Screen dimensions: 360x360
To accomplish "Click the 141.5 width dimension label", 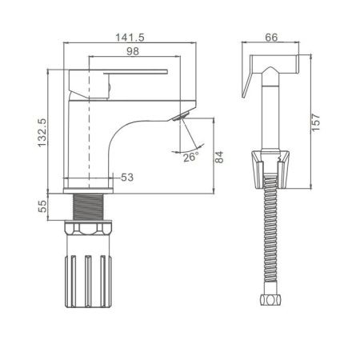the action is click(130, 38).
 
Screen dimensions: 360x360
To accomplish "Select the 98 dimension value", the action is click(133, 51).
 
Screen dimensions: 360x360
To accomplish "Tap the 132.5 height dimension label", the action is click(42, 133).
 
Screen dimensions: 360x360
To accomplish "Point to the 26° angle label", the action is click(191, 157).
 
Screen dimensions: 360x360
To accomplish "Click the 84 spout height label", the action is click(219, 157).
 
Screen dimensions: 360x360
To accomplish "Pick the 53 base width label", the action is click(127, 178).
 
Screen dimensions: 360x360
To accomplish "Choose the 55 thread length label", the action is click(42, 206).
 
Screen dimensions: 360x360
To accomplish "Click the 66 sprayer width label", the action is click(271, 38).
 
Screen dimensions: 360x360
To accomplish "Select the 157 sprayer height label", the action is click(316, 122).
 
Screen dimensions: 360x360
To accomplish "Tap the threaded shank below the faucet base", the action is click(88, 207).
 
